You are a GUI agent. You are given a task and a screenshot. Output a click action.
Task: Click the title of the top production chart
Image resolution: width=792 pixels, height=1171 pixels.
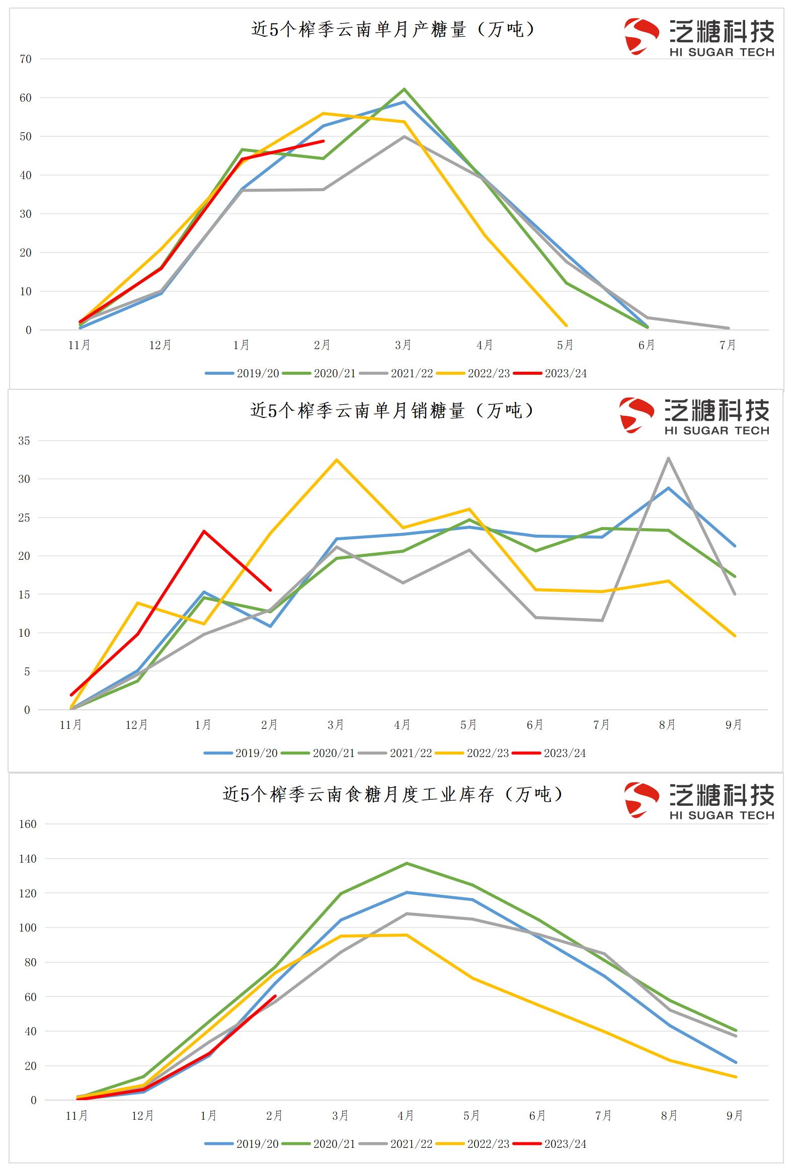coord(392,29)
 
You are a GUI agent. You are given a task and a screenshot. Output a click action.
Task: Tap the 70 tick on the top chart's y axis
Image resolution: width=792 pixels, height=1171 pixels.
coord(25,59)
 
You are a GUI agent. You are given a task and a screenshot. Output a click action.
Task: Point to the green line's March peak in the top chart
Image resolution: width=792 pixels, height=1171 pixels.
coord(404,89)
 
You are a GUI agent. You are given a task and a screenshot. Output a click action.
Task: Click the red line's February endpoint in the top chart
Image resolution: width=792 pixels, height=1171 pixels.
coord(323,141)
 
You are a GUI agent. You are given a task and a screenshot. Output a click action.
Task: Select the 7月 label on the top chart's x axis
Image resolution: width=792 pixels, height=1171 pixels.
coord(728,345)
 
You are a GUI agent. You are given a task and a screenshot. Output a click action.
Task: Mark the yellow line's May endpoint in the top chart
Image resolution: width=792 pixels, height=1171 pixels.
coord(566,325)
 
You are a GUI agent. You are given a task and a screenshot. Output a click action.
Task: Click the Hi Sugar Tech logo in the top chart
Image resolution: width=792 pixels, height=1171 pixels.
coord(699,37)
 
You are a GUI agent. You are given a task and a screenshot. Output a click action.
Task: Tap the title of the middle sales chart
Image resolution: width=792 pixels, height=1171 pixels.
coord(391,410)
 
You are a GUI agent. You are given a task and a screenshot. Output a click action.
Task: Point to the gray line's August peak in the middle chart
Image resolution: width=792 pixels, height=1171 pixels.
coord(668,458)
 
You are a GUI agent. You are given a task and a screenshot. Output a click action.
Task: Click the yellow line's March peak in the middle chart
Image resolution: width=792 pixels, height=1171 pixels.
coord(336,460)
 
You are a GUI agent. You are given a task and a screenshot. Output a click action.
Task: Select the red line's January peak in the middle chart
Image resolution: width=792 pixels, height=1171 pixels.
coord(204,531)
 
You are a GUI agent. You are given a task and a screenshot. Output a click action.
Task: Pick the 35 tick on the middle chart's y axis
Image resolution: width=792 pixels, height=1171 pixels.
coord(24,441)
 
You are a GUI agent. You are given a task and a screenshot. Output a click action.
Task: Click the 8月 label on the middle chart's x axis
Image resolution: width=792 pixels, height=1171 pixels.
coord(667,724)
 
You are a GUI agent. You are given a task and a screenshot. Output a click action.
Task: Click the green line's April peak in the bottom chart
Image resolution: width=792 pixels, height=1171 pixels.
coord(407,863)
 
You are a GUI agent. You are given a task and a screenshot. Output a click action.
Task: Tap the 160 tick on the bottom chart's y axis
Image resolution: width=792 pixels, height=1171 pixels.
coord(28,824)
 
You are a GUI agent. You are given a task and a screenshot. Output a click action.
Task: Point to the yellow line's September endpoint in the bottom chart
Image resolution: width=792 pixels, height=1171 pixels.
coord(736,1077)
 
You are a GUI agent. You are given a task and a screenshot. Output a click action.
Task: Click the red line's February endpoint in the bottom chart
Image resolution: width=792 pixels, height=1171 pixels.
coord(275,995)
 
